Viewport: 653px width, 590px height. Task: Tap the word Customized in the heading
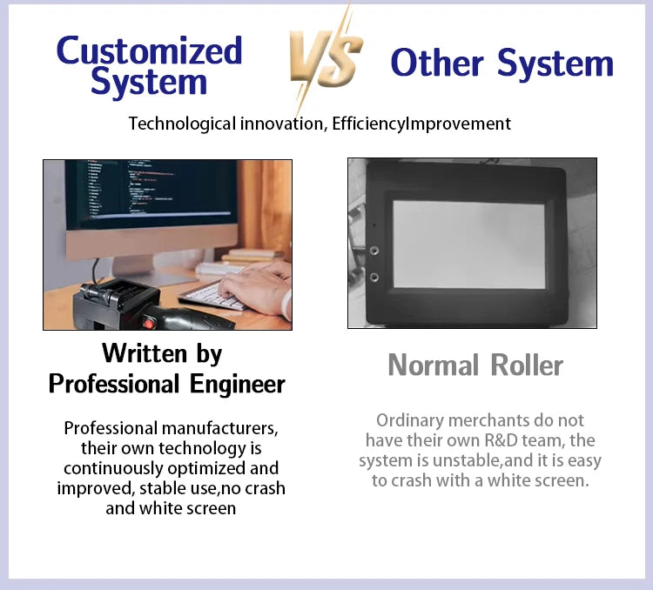[149, 51]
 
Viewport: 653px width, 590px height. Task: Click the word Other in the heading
[437, 63]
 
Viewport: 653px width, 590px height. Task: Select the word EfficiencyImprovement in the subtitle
[421, 124]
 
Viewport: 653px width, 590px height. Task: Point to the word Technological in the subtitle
[182, 124]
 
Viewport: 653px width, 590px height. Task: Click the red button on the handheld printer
[148, 323]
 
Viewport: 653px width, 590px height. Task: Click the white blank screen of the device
[469, 245]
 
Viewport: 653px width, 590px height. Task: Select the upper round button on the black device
[374, 251]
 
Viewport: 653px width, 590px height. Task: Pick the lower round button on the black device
[374, 278]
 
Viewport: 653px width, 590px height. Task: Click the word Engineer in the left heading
[238, 384]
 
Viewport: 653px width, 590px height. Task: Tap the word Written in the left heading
[145, 353]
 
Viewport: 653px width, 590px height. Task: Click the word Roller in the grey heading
[527, 365]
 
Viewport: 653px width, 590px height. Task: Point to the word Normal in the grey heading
[433, 365]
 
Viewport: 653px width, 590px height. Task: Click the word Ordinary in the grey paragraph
[410, 421]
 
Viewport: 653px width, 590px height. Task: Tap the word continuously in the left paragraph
[113, 468]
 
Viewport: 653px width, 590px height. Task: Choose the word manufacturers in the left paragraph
[219, 428]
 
